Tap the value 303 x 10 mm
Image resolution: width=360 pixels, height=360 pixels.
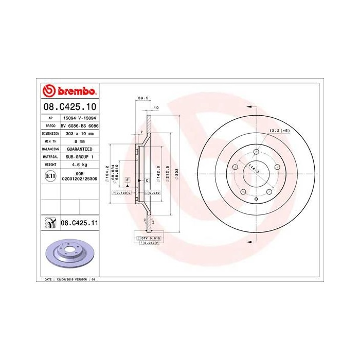click(79, 133)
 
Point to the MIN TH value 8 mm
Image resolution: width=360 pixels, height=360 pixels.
click(79, 140)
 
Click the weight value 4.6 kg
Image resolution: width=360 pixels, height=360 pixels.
click(79, 165)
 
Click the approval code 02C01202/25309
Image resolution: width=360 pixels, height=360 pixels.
click(79, 179)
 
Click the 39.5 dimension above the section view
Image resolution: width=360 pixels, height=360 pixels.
click(143, 98)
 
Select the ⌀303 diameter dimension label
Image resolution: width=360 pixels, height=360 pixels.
click(176, 173)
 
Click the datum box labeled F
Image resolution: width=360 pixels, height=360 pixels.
click(127, 179)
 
